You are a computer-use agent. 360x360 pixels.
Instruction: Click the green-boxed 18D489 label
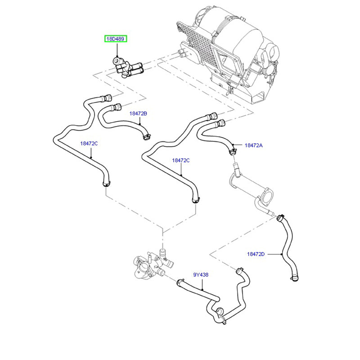click(x=116, y=39)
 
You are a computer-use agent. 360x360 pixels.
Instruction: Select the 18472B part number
click(x=138, y=114)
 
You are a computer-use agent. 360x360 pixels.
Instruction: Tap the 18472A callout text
click(x=254, y=145)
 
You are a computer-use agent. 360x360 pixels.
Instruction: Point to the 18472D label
click(x=256, y=254)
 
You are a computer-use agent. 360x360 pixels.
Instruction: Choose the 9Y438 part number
click(x=201, y=274)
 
